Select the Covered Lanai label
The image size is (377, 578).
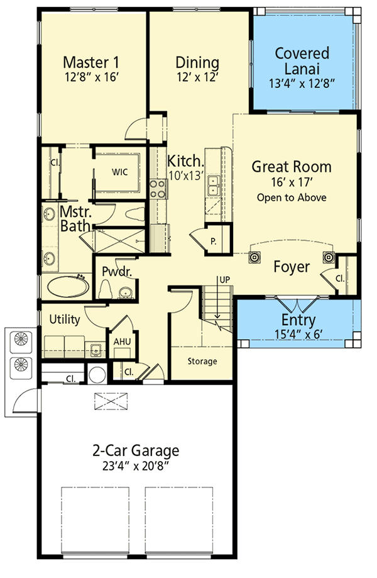[302, 60]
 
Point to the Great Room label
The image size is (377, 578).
[292, 167]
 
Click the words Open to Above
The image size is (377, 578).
[292, 197]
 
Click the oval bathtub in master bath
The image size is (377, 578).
[67, 287]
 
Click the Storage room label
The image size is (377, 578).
[202, 361]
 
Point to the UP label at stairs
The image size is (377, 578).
[223, 279]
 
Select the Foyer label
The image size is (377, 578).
[292, 267]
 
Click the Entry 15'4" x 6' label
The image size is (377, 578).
[298, 326]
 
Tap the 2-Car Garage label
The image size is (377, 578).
[136, 450]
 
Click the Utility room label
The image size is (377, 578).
[65, 320]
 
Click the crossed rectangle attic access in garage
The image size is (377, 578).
[112, 400]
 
